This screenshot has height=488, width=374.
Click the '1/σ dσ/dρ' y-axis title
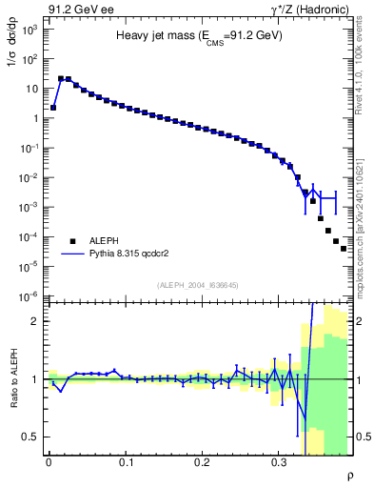(13, 45)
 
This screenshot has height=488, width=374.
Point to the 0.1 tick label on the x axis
(126, 462)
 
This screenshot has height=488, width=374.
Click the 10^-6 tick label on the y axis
(31, 296)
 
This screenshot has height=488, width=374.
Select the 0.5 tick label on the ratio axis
(30, 437)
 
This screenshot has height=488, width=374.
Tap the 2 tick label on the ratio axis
(34, 321)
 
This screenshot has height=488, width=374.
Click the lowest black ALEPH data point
(344, 249)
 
